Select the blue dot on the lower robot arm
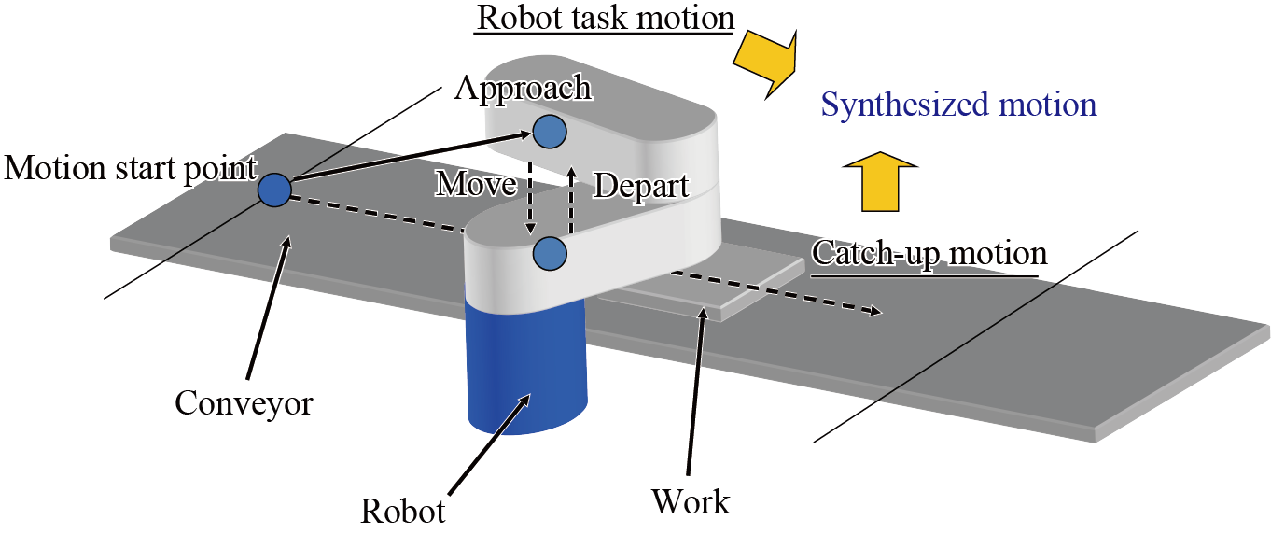pos(549,251)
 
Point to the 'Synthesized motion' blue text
pos(958,104)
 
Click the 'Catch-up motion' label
pos(929,253)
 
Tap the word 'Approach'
pos(523,88)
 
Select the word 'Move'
pos(475,184)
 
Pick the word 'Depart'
pos(641,185)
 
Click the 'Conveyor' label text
pos(244,404)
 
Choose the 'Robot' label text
pos(403,511)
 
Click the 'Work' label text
pos(691,502)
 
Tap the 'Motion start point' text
pos(130,169)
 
